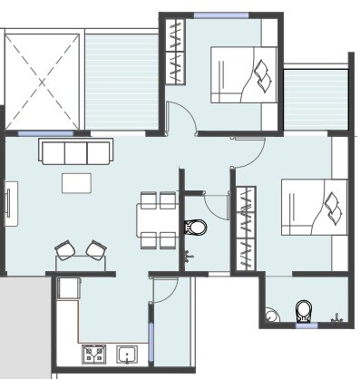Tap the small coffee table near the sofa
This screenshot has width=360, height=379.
75,182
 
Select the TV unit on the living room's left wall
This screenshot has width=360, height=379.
10,205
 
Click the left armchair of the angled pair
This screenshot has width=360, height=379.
65,249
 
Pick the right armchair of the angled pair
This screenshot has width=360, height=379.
95,249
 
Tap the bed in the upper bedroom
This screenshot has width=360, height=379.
244,74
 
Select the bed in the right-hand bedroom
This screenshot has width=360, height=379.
314,209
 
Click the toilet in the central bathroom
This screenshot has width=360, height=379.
195,227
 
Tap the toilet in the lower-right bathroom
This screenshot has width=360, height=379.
304,312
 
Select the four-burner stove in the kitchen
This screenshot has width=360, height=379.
94,354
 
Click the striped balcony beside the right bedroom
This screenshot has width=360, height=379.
316,100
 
